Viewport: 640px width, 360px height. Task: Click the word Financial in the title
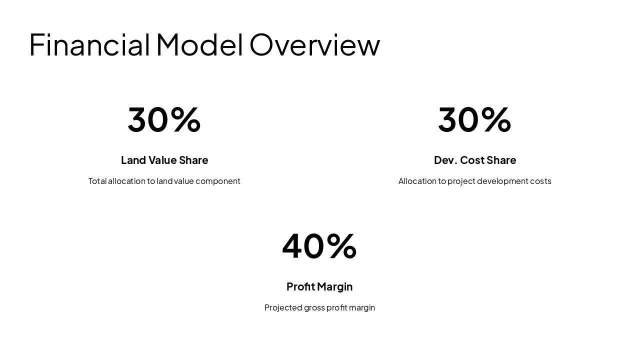coord(89,44)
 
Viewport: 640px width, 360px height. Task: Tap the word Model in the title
coord(199,44)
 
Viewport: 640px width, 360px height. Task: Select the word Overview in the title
coord(314,44)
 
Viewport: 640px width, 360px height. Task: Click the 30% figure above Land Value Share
coord(164,119)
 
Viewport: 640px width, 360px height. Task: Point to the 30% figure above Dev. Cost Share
coord(474,119)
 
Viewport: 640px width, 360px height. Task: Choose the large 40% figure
coord(319,246)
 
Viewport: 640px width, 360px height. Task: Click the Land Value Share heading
coord(164,160)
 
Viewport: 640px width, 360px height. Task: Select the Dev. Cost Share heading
coord(475,160)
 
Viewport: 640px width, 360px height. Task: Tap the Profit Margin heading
coord(319,286)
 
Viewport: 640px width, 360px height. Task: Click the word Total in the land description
coord(97,181)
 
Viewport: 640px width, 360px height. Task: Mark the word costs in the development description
coord(540,181)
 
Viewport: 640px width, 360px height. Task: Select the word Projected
coord(283,308)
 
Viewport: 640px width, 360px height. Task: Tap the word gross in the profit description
coord(314,308)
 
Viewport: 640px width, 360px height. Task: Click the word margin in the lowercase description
coord(362,308)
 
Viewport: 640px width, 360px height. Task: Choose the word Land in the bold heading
coord(133,160)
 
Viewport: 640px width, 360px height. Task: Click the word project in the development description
coord(461,181)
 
